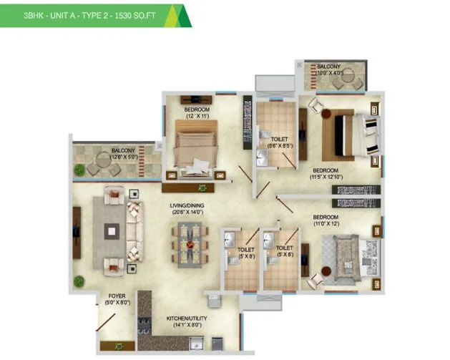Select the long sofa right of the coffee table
(134, 231)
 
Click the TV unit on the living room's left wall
(75, 231)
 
